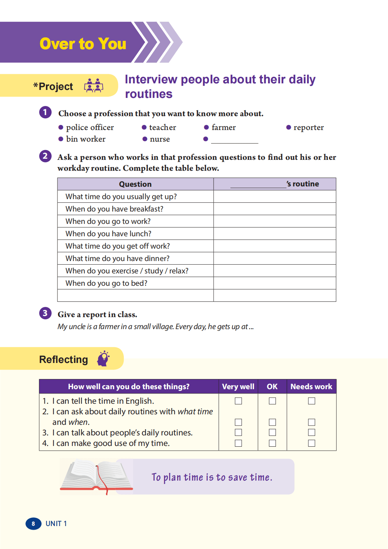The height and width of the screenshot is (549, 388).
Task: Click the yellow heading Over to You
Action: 83,44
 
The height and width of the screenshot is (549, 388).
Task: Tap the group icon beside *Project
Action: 94,86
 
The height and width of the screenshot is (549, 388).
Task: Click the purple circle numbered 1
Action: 45,112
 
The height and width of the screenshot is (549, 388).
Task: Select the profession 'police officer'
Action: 90,127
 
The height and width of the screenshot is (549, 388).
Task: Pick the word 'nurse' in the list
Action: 160,139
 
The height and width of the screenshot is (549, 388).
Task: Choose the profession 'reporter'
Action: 308,127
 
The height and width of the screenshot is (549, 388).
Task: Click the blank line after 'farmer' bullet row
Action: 234,141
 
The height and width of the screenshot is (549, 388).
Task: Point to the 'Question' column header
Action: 135,184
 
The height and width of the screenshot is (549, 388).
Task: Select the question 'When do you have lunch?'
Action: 108,234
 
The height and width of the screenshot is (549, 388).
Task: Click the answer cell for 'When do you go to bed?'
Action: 274,283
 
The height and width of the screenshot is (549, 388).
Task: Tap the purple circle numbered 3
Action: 45,313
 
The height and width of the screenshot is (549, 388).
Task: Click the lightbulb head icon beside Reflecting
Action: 103,359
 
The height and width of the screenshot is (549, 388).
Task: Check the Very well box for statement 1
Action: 238,401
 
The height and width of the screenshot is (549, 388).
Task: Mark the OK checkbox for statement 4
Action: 272,443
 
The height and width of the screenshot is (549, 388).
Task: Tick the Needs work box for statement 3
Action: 312,433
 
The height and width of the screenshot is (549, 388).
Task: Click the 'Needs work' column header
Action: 311,387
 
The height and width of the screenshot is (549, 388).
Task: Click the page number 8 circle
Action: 33,524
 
